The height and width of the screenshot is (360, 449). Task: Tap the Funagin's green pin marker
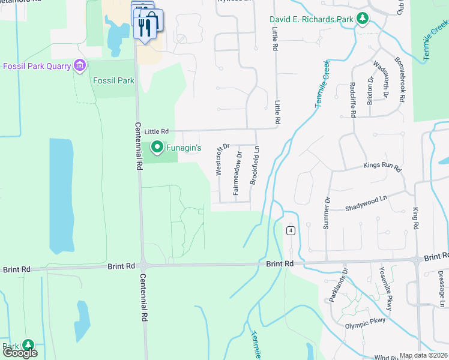[x=157, y=146]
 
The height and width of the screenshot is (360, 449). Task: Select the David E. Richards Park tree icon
[x=362, y=19]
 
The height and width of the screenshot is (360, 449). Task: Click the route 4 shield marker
[x=291, y=230]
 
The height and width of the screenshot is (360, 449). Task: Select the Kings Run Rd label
[x=382, y=166]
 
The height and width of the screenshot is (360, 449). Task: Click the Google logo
[x=20, y=353]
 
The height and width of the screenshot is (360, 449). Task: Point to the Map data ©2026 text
[x=424, y=355]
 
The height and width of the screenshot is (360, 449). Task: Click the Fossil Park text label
[x=113, y=80]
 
